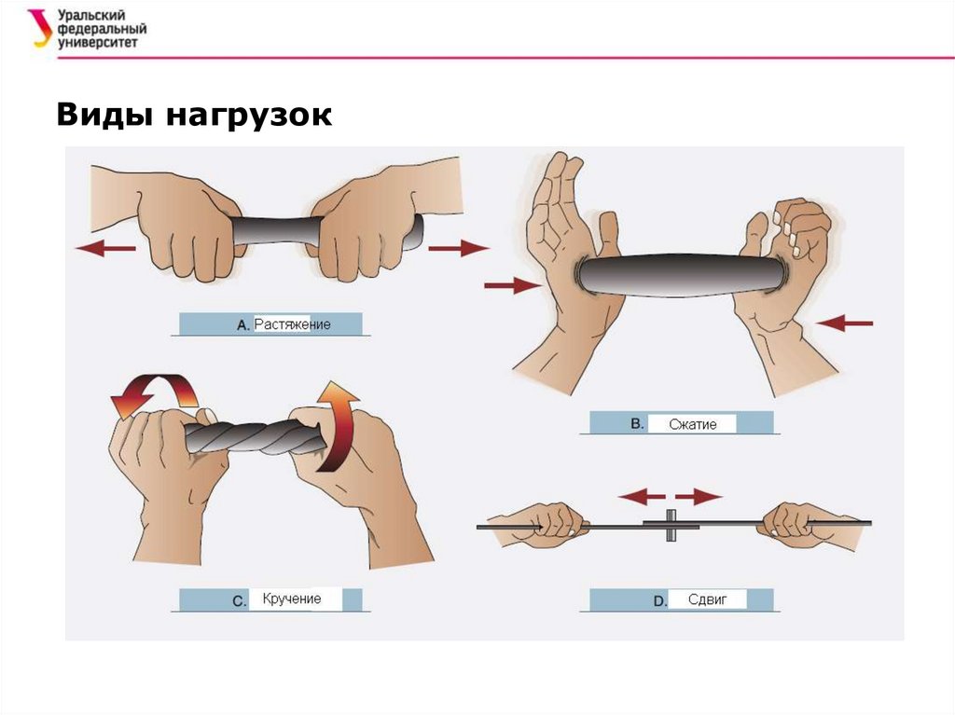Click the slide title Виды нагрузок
tap(194, 116)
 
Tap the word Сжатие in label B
tap(693, 424)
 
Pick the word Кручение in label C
tap(292, 598)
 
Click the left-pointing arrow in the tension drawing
tap(104, 249)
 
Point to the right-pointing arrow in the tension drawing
tap(459, 248)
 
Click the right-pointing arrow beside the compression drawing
tap(512, 286)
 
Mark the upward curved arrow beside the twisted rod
tap(339, 424)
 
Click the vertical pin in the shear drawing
tap(670, 525)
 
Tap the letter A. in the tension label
tap(242, 325)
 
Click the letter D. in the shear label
tap(660, 601)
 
